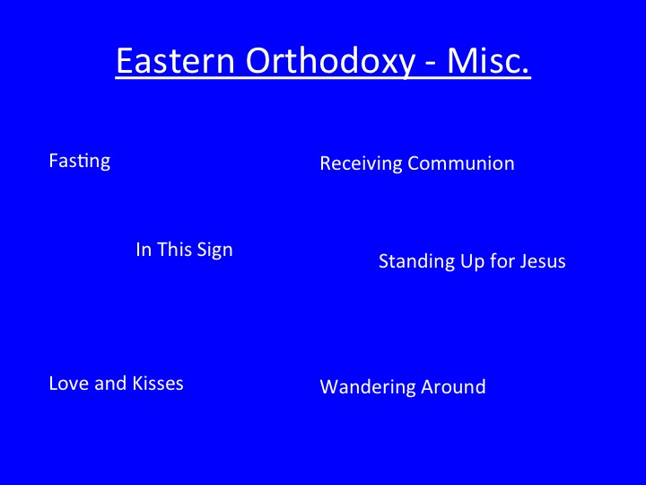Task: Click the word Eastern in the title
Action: click(x=175, y=60)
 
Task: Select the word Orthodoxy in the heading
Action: click(x=330, y=62)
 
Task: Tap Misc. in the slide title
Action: click(x=488, y=60)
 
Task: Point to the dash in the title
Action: click(x=431, y=64)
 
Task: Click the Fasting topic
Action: click(x=80, y=161)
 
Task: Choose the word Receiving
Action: click(x=361, y=163)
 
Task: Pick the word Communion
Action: click(x=461, y=163)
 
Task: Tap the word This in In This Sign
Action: click(x=174, y=250)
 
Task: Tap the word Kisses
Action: click(x=158, y=384)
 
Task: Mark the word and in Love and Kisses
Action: click(x=110, y=384)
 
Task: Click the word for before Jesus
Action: click(x=502, y=261)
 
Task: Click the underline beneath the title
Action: click(x=323, y=76)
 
